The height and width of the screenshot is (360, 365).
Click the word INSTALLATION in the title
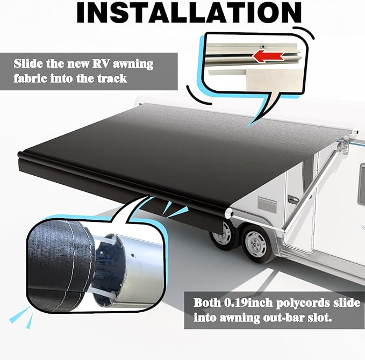pyautogui.click(x=188, y=13)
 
